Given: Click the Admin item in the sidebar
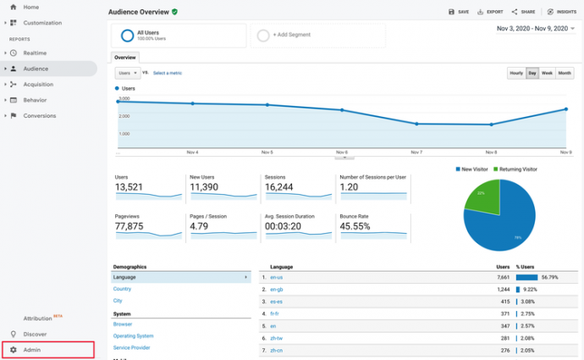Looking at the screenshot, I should tap(31, 350).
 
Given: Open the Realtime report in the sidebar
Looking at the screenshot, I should tap(35, 53).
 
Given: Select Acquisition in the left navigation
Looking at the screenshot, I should tap(39, 84).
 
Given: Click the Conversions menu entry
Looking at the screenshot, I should tap(40, 115).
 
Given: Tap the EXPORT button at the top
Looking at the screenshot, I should tap(490, 12).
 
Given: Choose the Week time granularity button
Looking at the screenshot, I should tap(547, 74).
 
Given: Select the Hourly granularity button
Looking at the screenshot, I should tap(515, 74).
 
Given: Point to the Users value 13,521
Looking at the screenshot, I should tap(133, 187).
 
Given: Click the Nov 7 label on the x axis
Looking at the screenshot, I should tap(416, 152).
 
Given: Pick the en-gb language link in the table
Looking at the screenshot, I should tap(276, 289).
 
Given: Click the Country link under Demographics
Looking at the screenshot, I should tap(123, 289).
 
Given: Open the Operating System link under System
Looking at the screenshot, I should tap(134, 335).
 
